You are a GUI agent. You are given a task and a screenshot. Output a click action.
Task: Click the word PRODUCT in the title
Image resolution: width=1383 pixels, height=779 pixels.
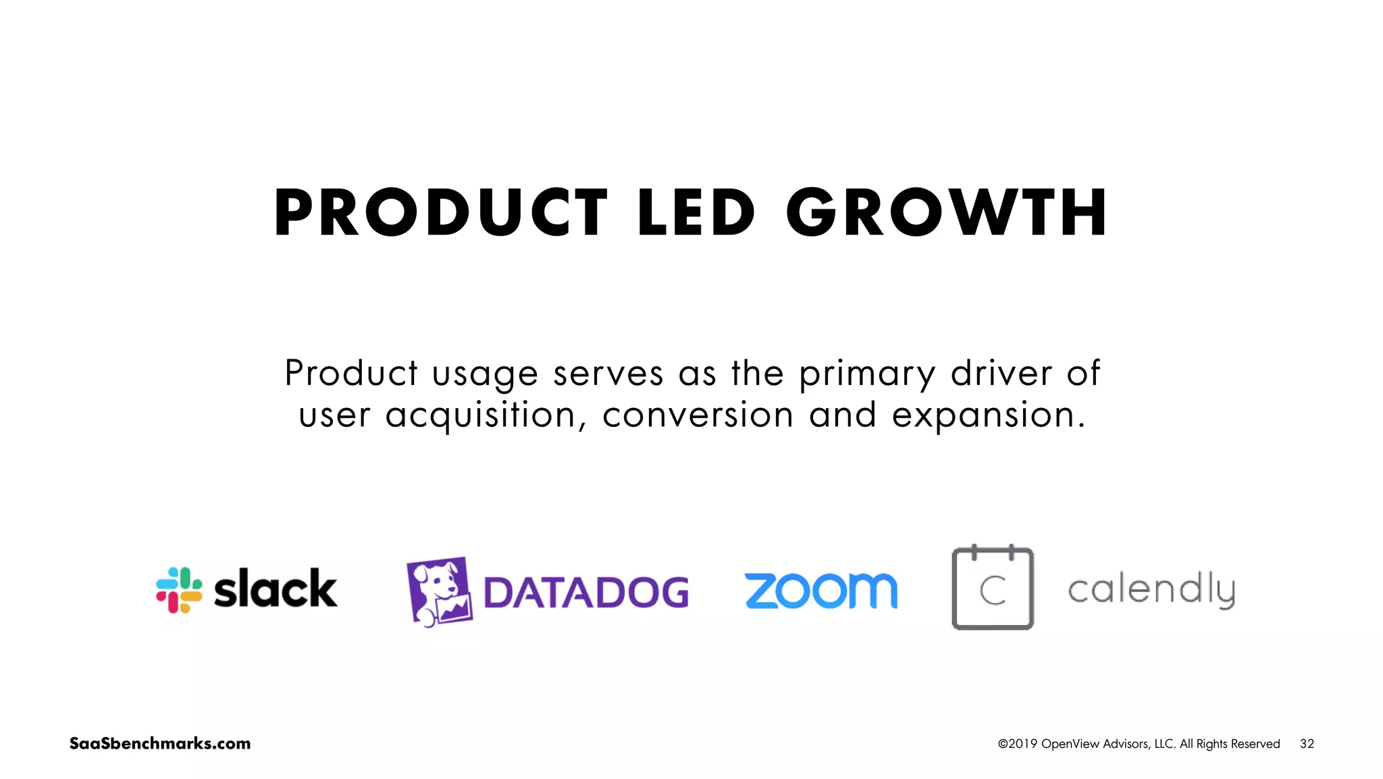(441, 213)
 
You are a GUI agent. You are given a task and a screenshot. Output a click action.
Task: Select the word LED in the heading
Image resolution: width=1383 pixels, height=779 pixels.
(696, 213)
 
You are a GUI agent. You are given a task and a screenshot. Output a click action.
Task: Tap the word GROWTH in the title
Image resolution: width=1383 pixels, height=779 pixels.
(947, 213)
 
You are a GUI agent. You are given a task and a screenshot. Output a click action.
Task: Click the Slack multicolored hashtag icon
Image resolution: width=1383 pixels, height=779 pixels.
(179, 590)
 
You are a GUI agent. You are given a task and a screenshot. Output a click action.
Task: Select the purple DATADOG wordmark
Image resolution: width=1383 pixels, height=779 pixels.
(586, 593)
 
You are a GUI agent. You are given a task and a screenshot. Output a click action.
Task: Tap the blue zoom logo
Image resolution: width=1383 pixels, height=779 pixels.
(821, 591)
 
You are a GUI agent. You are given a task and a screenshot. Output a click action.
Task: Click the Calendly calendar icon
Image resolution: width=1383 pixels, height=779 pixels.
(993, 588)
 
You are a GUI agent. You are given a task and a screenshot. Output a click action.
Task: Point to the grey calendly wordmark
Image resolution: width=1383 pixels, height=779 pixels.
(1151, 590)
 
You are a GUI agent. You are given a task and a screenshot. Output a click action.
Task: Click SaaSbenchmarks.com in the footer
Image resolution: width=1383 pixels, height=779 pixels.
(160, 744)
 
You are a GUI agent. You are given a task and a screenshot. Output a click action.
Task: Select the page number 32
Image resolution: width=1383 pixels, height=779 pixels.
(1307, 744)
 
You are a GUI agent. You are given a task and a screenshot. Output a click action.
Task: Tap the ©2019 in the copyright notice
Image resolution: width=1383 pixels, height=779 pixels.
(1018, 744)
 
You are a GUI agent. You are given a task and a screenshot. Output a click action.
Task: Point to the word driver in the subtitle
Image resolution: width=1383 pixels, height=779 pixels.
(1001, 374)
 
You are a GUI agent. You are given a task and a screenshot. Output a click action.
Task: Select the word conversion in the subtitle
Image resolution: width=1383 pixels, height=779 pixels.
(698, 415)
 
